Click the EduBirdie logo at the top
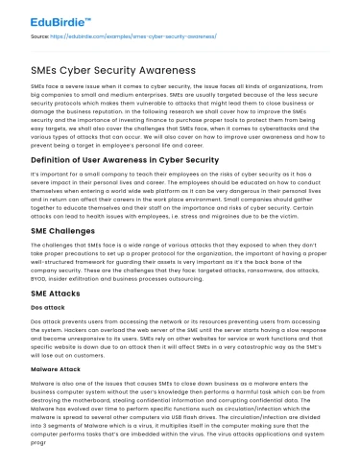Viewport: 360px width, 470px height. (51, 19)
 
